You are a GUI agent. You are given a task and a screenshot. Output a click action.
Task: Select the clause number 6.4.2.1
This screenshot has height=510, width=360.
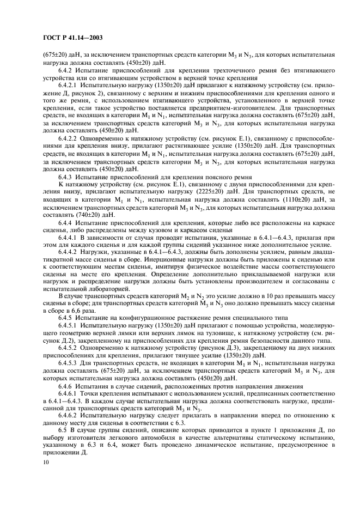[x=69, y=85]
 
